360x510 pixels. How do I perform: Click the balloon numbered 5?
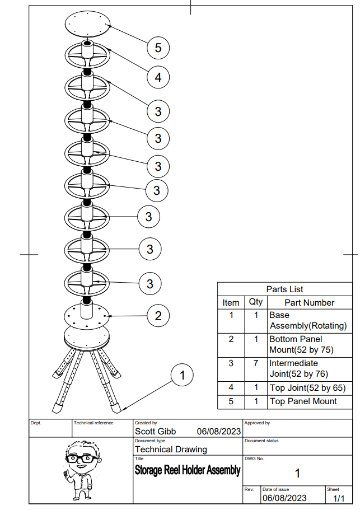tap(158, 48)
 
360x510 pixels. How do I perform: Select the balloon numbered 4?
tap(158, 77)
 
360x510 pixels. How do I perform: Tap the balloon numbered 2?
tap(158, 316)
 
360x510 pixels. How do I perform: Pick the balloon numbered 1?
tap(181, 375)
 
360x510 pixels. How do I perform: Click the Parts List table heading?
tap(284, 289)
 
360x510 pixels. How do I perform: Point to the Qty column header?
tap(255, 302)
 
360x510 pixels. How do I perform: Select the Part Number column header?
tap(309, 302)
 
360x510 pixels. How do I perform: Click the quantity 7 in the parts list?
tap(255, 363)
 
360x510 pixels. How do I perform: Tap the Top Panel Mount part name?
tap(303, 401)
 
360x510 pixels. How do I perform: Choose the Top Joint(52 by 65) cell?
tap(307, 387)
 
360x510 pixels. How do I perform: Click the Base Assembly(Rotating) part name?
tap(308, 320)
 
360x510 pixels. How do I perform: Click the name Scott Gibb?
tap(156, 431)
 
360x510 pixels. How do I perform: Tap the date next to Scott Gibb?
tap(218, 431)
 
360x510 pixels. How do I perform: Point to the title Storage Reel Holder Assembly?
tap(188, 470)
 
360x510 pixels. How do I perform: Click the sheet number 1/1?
tap(339, 498)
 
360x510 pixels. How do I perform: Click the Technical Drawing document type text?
tap(171, 449)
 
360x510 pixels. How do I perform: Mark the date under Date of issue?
tap(284, 498)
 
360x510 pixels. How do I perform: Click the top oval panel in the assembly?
tap(88, 24)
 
